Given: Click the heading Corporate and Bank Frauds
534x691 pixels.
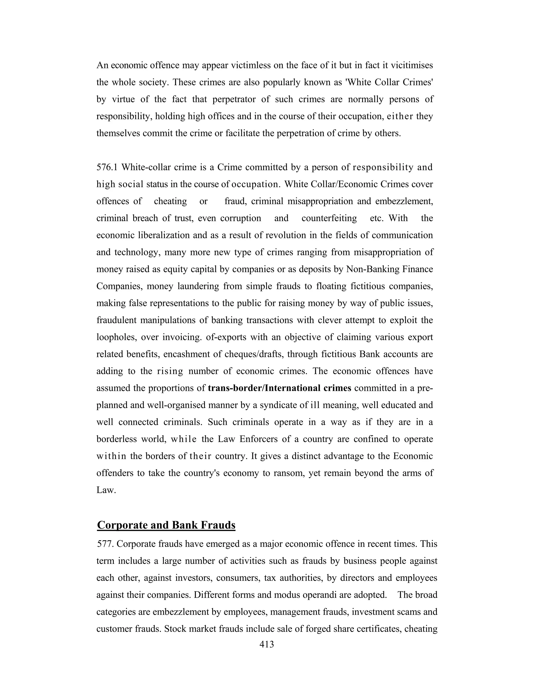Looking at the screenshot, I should (166, 525).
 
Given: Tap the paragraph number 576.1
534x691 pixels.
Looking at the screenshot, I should (107, 167).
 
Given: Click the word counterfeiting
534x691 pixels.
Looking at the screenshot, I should (329, 218).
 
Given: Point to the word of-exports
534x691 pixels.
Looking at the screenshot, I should (226, 337).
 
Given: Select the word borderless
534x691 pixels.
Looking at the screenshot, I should (116, 439).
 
